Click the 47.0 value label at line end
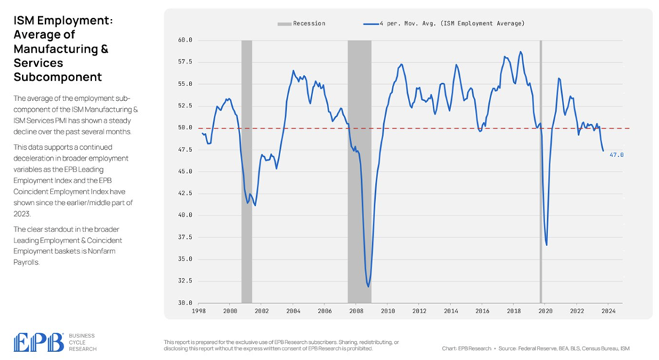(617, 155)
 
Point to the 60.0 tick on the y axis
(185, 40)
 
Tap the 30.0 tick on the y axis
(185, 303)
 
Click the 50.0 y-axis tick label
(185, 128)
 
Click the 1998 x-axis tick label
(199, 311)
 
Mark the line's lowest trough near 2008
(369, 286)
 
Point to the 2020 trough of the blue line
(546, 245)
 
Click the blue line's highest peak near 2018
(520, 52)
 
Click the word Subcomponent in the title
(58, 77)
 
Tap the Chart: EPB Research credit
(469, 348)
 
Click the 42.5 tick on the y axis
(185, 194)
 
